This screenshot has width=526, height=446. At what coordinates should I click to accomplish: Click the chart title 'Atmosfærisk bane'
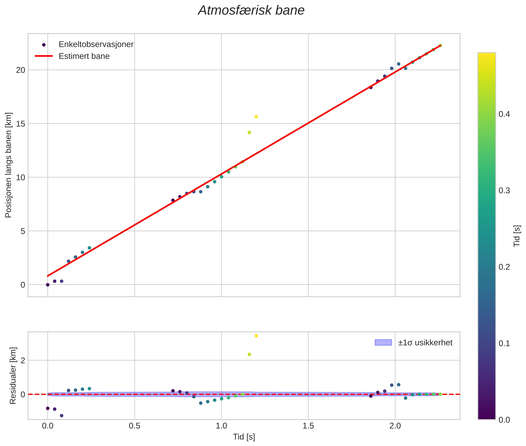[251, 11]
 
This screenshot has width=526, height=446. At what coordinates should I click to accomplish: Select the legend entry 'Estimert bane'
[84, 56]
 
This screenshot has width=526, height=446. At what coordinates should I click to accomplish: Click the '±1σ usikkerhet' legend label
[425, 343]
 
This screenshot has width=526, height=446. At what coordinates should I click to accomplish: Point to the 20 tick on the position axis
[20, 70]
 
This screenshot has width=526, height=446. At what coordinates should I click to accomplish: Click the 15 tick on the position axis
[20, 124]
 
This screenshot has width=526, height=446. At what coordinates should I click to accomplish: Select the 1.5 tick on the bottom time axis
[308, 426]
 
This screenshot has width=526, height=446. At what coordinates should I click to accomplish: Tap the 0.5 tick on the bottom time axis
[134, 426]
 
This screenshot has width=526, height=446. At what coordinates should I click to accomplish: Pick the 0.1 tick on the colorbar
[504, 343]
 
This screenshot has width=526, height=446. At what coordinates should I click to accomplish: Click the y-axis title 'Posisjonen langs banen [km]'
[8, 165]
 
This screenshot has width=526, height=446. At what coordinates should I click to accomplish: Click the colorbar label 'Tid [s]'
[517, 236]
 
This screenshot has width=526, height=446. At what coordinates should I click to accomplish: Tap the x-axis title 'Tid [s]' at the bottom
[244, 437]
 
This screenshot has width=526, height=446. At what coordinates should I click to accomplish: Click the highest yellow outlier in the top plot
[256, 117]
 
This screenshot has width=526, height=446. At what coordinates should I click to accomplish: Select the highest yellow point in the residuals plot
[256, 336]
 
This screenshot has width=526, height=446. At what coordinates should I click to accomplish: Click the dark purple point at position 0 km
[47, 285]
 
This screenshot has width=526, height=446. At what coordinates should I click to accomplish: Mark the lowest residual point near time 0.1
[61, 416]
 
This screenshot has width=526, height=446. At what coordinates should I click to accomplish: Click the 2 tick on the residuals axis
[23, 360]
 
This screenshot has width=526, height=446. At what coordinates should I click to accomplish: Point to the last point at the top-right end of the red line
[440, 45]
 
